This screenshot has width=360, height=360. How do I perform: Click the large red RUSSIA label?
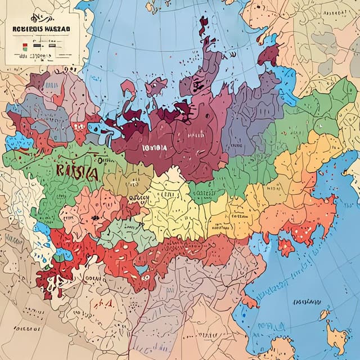[x=78, y=172]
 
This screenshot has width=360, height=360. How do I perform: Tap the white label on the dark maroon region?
[x=155, y=147]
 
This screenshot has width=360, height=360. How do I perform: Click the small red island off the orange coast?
[x=286, y=246]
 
